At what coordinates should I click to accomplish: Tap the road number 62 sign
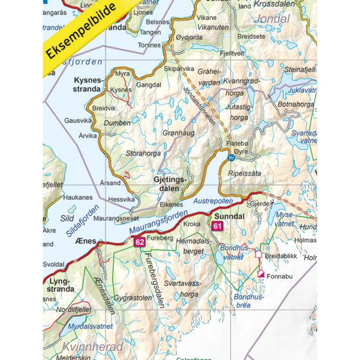click(x=139, y=242)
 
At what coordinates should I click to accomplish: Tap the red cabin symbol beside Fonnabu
click(x=261, y=274)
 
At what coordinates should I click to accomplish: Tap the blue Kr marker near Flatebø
click(x=231, y=156)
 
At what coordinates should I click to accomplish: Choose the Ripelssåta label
click(x=251, y=173)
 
